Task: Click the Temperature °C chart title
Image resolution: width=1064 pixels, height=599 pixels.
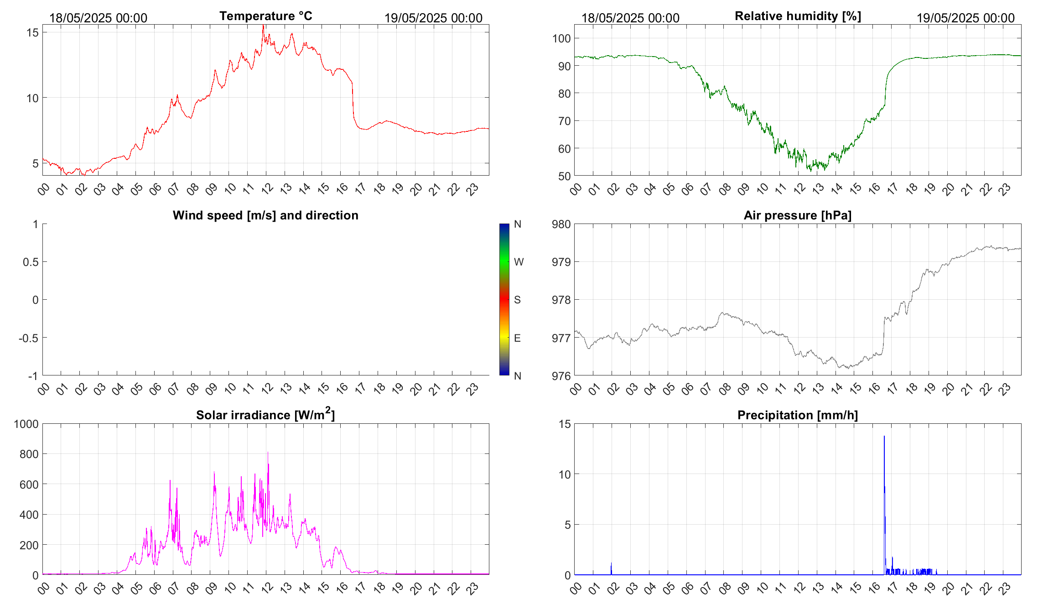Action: click(265, 16)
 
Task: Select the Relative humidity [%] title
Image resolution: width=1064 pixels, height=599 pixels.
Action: click(798, 16)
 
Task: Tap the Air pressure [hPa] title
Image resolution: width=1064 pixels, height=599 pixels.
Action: click(798, 215)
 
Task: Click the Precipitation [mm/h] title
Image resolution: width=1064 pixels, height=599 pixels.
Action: click(798, 415)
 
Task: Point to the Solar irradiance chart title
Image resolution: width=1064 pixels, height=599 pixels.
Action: click(265, 415)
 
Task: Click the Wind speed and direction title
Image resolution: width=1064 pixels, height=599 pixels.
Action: click(265, 215)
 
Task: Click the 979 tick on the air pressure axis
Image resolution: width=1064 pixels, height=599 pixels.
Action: click(561, 262)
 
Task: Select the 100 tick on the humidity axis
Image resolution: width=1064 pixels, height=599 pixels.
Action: click(561, 38)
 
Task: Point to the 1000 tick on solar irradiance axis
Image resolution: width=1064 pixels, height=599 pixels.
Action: click(26, 424)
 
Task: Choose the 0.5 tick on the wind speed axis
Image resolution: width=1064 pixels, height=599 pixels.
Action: click(31, 262)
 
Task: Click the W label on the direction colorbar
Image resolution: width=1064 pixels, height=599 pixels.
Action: click(519, 262)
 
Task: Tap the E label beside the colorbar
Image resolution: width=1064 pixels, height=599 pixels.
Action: click(517, 338)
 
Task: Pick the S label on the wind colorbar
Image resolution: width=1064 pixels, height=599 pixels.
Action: click(517, 300)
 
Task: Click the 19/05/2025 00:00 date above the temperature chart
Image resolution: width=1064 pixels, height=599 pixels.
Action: click(433, 18)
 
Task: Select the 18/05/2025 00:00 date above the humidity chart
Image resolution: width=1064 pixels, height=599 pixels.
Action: click(630, 18)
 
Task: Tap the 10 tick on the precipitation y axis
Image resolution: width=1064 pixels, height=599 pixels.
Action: click(564, 474)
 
